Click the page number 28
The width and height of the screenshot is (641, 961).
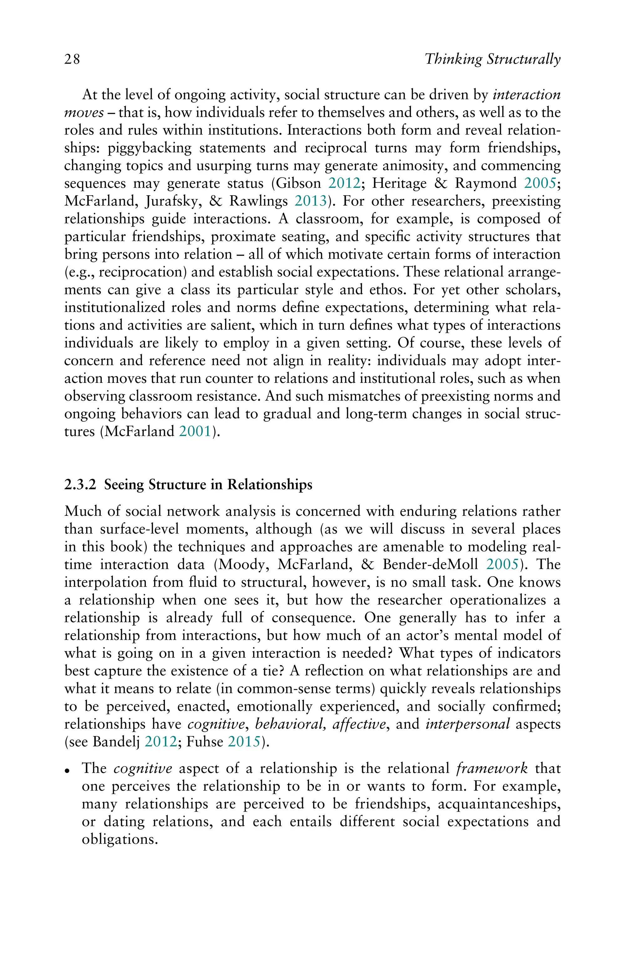point(72,60)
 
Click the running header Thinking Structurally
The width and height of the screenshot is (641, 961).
point(492,60)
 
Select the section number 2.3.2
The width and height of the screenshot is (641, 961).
point(80,485)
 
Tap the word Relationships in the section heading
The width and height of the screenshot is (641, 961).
point(269,485)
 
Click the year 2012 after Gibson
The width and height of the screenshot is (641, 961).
point(344,183)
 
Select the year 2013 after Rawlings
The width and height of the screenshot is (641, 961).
point(311,201)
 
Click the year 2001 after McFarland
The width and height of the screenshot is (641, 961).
point(195,431)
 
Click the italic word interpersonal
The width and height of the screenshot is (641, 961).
point(468,724)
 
